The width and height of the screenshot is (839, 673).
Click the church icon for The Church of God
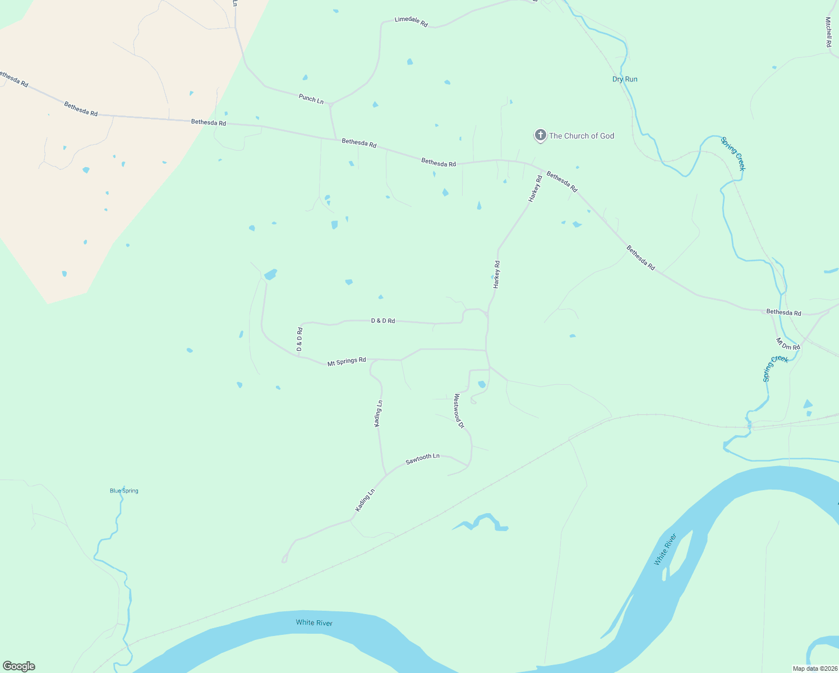click(540, 135)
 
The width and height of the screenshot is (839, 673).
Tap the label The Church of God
click(582, 136)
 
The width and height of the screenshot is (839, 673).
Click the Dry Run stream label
click(625, 79)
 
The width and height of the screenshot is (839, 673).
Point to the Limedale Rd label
click(411, 21)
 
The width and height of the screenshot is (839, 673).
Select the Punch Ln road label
click(311, 99)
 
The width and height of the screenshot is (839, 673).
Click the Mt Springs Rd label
click(347, 362)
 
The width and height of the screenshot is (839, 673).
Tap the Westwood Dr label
click(459, 411)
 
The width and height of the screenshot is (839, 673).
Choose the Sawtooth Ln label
click(422, 459)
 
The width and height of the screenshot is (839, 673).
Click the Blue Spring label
click(124, 491)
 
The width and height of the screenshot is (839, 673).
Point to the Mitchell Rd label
click(828, 31)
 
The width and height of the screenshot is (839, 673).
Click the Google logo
click(19, 666)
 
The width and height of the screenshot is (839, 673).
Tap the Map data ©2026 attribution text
click(814, 669)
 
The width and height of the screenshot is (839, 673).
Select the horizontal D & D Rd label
click(383, 321)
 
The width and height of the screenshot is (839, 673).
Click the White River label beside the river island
click(666, 550)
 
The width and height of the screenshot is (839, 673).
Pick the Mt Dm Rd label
click(788, 344)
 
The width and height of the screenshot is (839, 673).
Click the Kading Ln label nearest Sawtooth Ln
click(365, 500)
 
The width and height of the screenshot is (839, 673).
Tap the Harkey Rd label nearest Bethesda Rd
click(535, 188)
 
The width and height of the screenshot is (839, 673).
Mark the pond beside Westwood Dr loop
click(482, 384)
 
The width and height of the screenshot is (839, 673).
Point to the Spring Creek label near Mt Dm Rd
click(776, 368)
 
